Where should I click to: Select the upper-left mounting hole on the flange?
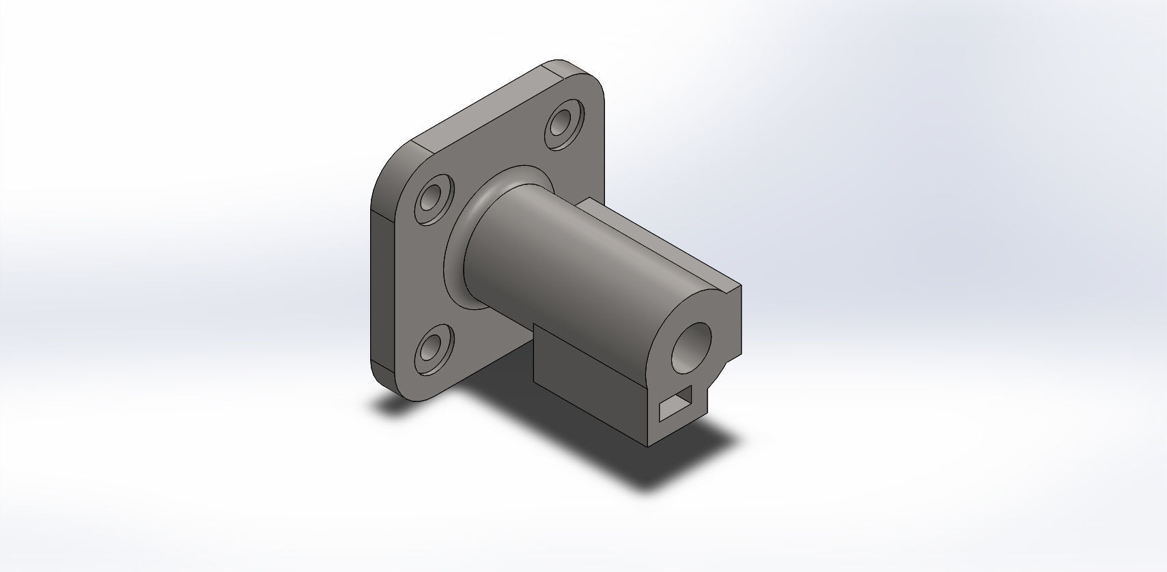[432, 200]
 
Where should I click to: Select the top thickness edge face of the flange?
[478, 102]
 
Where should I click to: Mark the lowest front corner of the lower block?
[648, 446]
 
